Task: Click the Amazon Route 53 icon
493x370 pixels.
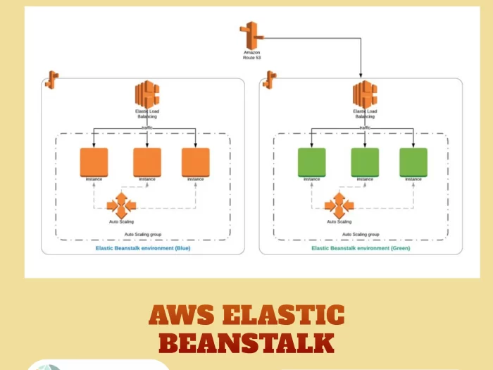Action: click(x=251, y=35)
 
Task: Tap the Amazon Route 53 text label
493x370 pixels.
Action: click(x=251, y=54)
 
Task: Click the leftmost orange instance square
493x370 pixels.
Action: click(x=94, y=162)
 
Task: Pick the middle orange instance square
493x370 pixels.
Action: click(x=146, y=162)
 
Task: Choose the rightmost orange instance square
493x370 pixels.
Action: click(x=195, y=162)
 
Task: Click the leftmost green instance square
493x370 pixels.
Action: click(x=311, y=162)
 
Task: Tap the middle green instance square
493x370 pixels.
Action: click(x=364, y=162)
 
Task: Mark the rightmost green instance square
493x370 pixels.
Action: click(x=413, y=162)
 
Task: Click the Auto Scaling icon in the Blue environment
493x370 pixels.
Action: click(x=120, y=206)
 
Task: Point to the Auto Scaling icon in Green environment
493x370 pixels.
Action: click(x=338, y=206)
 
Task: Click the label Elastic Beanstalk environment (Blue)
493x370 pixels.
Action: click(x=143, y=248)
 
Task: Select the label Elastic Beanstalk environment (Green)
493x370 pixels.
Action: click(x=361, y=248)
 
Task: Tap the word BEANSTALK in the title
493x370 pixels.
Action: click(x=246, y=343)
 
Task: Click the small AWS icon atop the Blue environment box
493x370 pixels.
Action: click(x=51, y=79)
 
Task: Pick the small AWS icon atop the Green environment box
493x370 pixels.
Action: click(x=269, y=79)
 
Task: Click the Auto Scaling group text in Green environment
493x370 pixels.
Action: click(x=360, y=234)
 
